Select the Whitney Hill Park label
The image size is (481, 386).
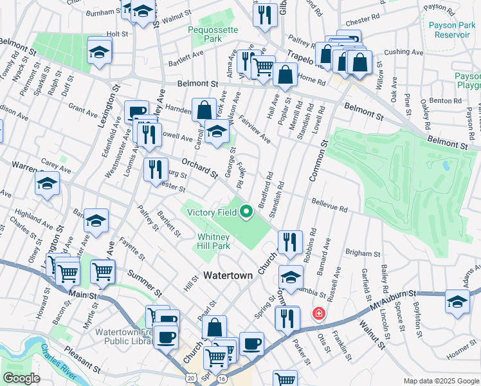(213, 241)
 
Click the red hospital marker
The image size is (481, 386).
(317, 313)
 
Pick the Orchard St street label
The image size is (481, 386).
(196, 167)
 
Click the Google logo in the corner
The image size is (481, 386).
(21, 378)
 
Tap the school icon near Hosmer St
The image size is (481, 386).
(457, 300)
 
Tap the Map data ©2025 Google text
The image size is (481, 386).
(440, 381)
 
